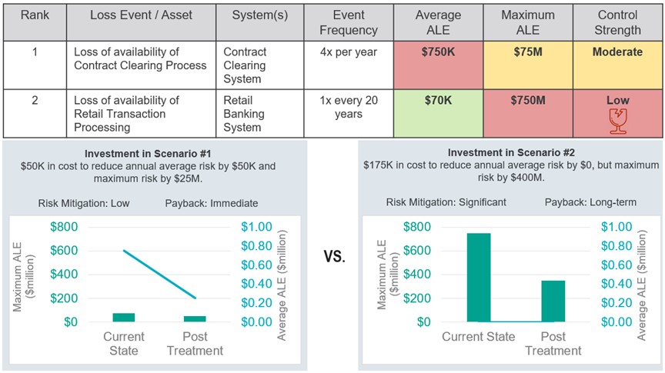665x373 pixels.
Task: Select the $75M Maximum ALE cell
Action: tap(527, 65)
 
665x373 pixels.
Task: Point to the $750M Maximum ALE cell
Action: tap(527, 113)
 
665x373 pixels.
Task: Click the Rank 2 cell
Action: tap(35, 101)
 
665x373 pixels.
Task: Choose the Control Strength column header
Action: tap(617, 22)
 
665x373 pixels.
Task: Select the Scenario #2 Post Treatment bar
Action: tap(552, 301)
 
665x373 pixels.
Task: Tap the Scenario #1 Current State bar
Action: tap(123, 317)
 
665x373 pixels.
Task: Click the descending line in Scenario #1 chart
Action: tap(159, 274)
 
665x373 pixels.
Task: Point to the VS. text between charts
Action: tap(333, 257)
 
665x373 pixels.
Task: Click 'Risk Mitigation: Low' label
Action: tap(85, 203)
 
